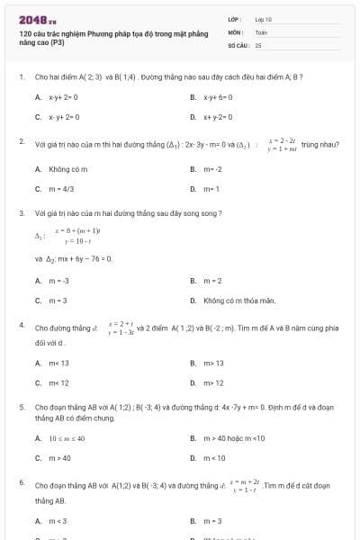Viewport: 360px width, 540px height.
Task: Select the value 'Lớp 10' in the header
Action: coord(263,19)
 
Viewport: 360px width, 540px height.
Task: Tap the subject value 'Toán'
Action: coord(261,31)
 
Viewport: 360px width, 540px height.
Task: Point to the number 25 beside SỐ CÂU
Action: coord(258,44)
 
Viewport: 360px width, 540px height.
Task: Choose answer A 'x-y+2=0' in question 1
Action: coord(65,96)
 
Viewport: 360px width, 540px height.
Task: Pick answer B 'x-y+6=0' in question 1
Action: coord(220,96)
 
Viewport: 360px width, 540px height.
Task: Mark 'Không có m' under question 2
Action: coord(70,169)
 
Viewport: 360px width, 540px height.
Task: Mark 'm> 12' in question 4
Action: coord(214,382)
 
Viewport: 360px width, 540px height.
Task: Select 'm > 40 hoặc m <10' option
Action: coord(234,438)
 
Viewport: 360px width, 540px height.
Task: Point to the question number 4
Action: coord(21,321)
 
